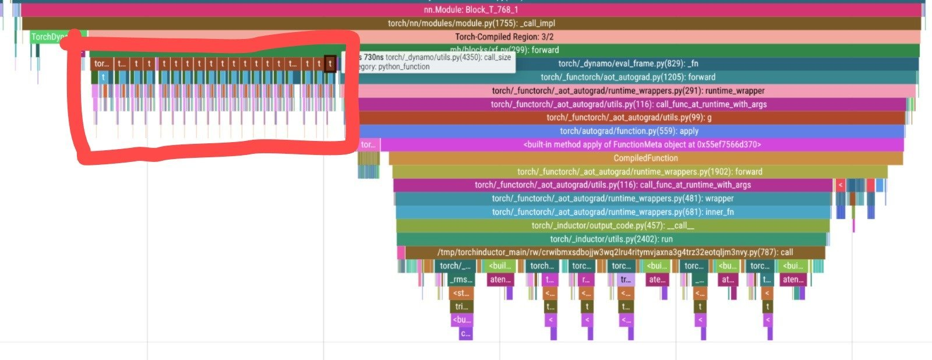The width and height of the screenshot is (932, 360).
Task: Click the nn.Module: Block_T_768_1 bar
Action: (471, 10)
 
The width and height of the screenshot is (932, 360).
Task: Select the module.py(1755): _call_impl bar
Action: (471, 23)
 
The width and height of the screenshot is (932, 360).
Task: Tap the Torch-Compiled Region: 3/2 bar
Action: (504, 37)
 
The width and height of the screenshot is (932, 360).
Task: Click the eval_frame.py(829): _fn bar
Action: (628, 63)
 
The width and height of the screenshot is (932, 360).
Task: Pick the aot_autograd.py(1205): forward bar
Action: (628, 77)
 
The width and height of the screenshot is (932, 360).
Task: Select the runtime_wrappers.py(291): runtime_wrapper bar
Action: (628, 91)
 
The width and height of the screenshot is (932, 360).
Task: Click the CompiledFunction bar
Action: (645, 158)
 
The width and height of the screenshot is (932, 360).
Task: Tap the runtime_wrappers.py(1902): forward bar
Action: (640, 172)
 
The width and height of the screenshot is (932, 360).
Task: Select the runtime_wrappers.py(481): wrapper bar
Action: (613, 199)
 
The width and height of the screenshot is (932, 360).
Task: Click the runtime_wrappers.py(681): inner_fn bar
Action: (613, 212)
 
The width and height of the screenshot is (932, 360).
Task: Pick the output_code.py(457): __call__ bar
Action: (613, 225)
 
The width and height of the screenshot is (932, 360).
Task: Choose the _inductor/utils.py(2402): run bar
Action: (612, 239)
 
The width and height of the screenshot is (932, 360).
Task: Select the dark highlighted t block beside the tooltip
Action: (330, 63)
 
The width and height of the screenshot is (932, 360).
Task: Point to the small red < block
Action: (840, 185)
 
